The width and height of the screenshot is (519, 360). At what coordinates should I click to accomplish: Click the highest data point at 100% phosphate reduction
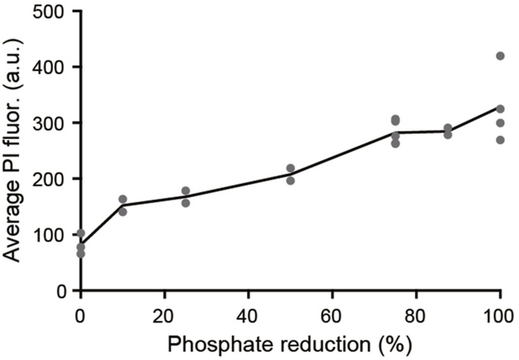tap(500, 56)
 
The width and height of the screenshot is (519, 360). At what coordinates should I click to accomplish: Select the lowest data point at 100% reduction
tap(500, 140)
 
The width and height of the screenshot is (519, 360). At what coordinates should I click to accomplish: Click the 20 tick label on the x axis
tap(164, 316)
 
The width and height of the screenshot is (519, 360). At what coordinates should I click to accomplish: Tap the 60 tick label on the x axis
tap(332, 316)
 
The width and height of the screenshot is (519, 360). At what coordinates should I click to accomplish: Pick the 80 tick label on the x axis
tap(416, 316)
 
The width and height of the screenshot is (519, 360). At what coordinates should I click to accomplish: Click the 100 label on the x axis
tap(499, 316)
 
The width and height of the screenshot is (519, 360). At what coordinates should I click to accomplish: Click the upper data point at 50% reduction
tap(290, 168)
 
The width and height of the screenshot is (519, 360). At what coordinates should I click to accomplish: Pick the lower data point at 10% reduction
tap(123, 212)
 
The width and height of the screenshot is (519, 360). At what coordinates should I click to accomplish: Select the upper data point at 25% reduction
tap(186, 191)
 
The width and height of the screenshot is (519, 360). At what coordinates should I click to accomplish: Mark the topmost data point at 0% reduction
tap(81, 233)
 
